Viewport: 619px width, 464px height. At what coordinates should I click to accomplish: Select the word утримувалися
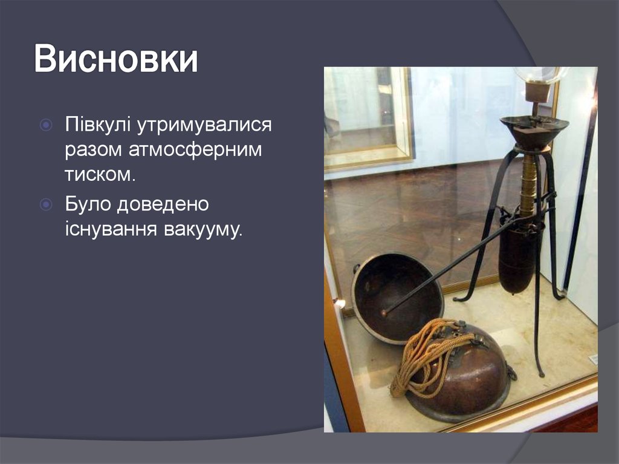(203, 126)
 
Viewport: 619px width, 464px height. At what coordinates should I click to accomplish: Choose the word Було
(88, 205)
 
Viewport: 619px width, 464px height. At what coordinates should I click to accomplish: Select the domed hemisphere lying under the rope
(465, 378)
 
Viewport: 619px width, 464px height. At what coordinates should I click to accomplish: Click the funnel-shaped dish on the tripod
(534, 130)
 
